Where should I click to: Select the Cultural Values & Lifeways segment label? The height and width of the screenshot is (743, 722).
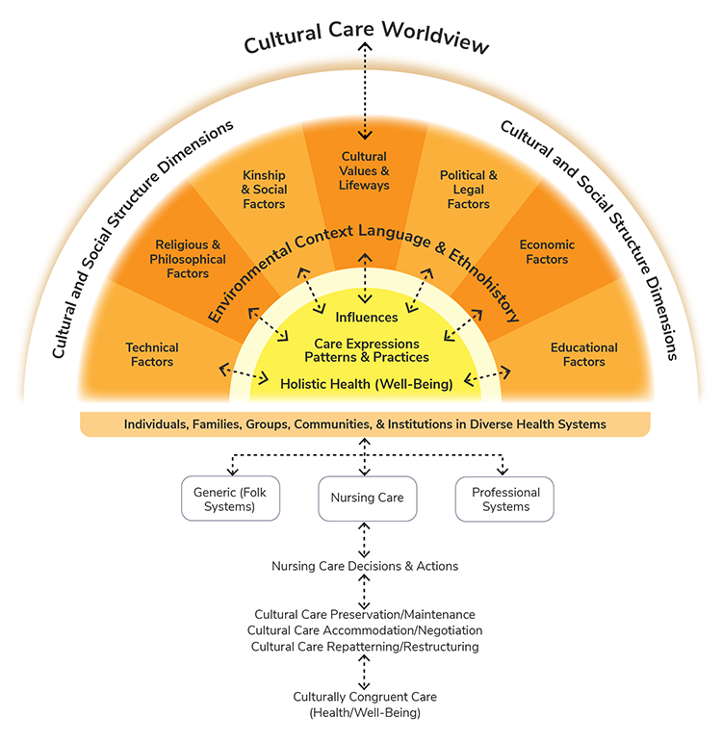365,170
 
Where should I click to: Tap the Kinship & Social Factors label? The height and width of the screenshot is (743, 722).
264,190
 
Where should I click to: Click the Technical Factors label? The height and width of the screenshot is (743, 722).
152,354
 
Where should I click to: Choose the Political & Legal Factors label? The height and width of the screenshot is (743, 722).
469,190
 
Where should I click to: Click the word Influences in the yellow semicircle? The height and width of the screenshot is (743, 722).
366,317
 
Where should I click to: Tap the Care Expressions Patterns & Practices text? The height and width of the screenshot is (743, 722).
366,350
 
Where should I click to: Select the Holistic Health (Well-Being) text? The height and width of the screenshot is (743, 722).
366,384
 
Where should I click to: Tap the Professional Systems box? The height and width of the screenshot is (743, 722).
504,500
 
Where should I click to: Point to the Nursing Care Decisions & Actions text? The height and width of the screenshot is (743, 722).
365,566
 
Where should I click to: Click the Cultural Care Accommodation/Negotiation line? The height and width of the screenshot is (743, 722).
365,630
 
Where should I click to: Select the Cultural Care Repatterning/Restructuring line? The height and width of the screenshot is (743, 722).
365,647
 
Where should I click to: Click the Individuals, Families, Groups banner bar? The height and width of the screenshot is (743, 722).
365,424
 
